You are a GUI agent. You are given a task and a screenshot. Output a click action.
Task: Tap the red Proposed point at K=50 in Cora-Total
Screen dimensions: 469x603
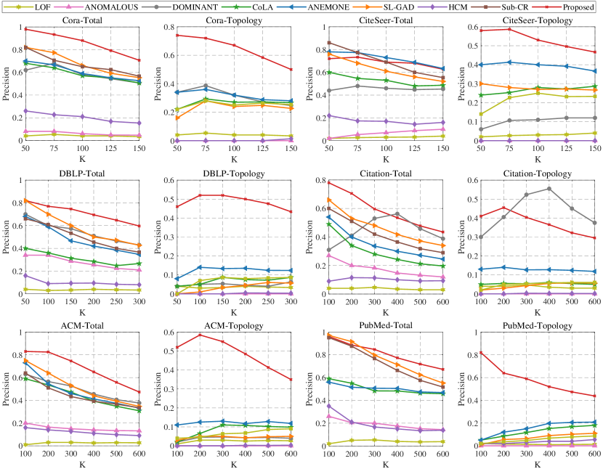26,28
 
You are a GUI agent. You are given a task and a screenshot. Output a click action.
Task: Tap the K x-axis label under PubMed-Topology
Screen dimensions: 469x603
538,463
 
